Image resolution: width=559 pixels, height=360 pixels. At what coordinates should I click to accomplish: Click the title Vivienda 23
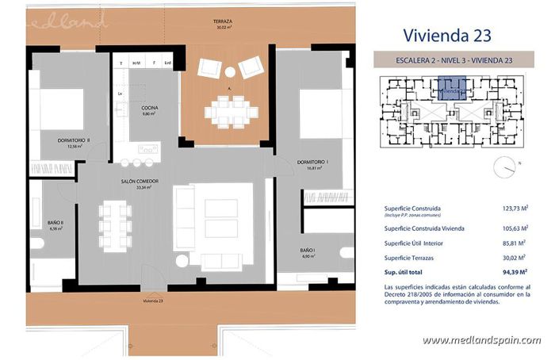447,34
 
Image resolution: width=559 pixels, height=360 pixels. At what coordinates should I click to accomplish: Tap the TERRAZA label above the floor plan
224,24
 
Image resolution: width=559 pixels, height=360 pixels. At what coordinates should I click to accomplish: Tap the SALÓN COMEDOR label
140,182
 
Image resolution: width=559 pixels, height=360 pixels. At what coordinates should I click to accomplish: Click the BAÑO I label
308,252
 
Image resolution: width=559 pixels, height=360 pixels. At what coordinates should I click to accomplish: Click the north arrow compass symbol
504,167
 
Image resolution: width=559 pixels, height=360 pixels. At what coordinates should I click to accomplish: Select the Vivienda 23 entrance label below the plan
153,302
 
